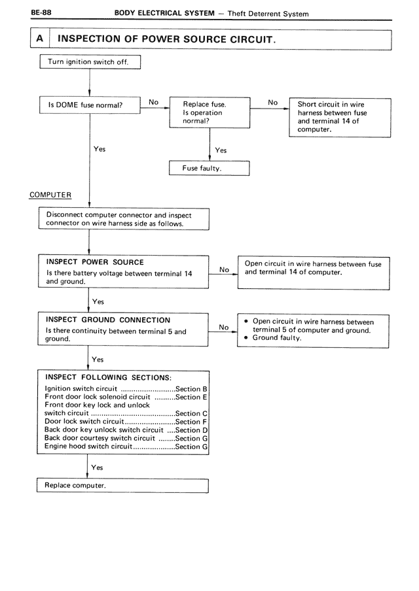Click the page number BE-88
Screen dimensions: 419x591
tap(41, 12)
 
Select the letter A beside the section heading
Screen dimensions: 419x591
tap(40, 39)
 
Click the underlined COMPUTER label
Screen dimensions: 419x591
tap(50, 195)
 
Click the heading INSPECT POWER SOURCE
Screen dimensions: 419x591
tap(95, 262)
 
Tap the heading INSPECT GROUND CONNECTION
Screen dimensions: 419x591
tap(108, 320)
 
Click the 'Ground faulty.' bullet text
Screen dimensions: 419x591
tap(277, 338)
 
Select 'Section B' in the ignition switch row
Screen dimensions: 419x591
tap(191, 389)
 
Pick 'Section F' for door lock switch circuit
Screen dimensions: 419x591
tap(191, 422)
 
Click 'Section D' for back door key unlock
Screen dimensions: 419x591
tap(191, 430)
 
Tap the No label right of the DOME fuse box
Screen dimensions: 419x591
tap(154, 102)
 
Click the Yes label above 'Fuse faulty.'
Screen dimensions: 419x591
tap(221, 150)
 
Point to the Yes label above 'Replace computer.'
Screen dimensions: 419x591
tap(97, 467)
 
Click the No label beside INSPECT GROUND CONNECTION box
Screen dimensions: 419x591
tap(224, 327)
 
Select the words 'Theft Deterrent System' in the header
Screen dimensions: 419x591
tap(268, 14)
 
